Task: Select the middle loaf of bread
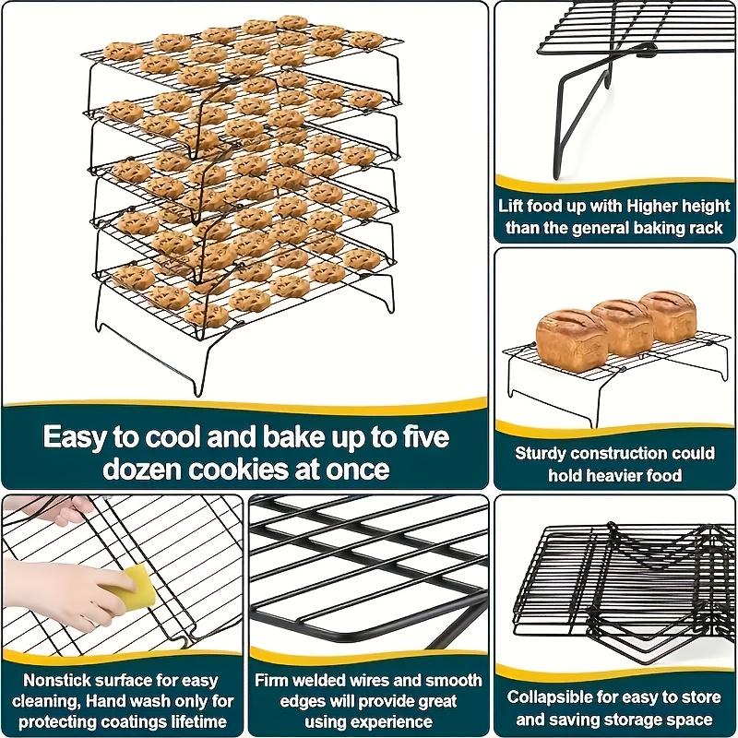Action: (x=620, y=323)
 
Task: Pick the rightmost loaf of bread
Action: (x=671, y=315)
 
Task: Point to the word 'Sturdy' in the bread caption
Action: (x=542, y=453)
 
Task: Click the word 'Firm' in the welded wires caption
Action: (x=276, y=680)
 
